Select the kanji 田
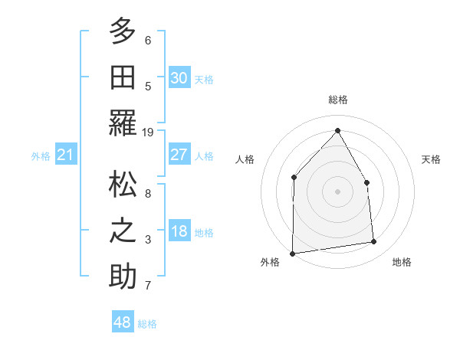[123, 77]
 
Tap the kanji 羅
[123, 122]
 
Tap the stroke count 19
[148, 132]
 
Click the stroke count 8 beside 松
[148, 194]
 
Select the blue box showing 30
[179, 78]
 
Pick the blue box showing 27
[179, 155]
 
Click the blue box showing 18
[179, 232]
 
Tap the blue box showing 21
[65, 155]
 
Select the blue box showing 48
[122, 323]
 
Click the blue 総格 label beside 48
[147, 324]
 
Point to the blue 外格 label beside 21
[41, 156]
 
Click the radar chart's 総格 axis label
[337, 100]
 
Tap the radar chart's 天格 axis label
[432, 159]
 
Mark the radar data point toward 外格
[292, 254]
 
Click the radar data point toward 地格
[374, 242]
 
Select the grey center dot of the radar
[337, 191]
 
